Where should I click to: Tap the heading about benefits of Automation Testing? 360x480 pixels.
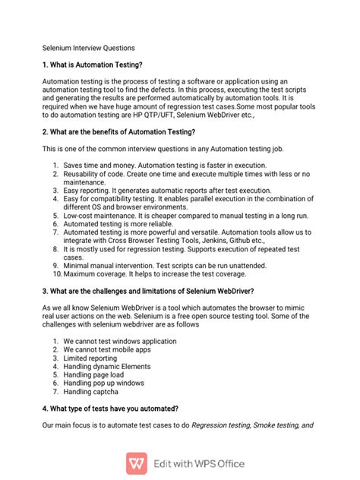tap(122, 131)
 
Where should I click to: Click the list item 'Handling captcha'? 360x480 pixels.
tap(91, 392)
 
